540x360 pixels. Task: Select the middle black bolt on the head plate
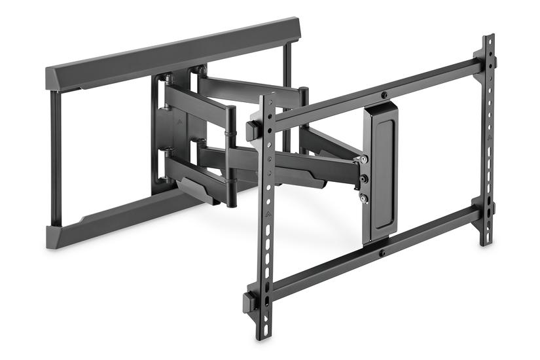click(363, 178)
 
